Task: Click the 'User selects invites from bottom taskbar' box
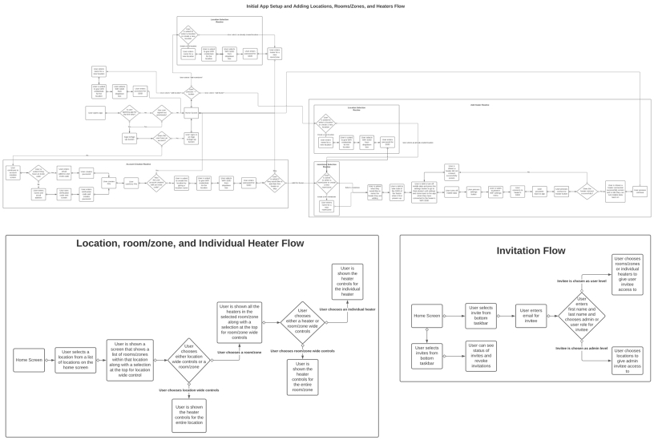click(x=428, y=356)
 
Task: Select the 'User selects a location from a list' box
click(x=79, y=360)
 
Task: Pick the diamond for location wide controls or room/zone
click(x=188, y=360)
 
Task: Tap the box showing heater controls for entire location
click(x=188, y=415)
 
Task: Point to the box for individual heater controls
click(x=347, y=281)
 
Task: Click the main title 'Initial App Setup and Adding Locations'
click(x=326, y=6)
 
